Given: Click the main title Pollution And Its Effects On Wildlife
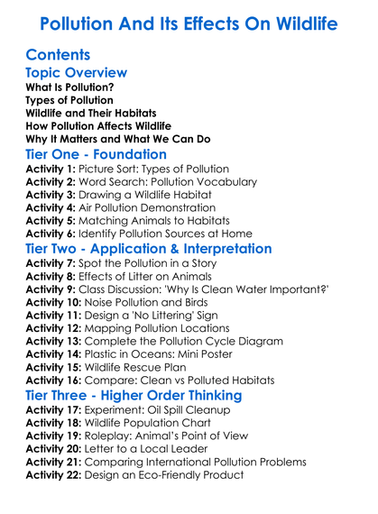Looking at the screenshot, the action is click(x=189, y=21).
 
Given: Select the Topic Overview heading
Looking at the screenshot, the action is click(x=77, y=72).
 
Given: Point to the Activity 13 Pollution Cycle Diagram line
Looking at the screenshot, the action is click(x=154, y=342).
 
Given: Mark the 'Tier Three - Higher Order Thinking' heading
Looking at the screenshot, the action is click(x=133, y=396).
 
